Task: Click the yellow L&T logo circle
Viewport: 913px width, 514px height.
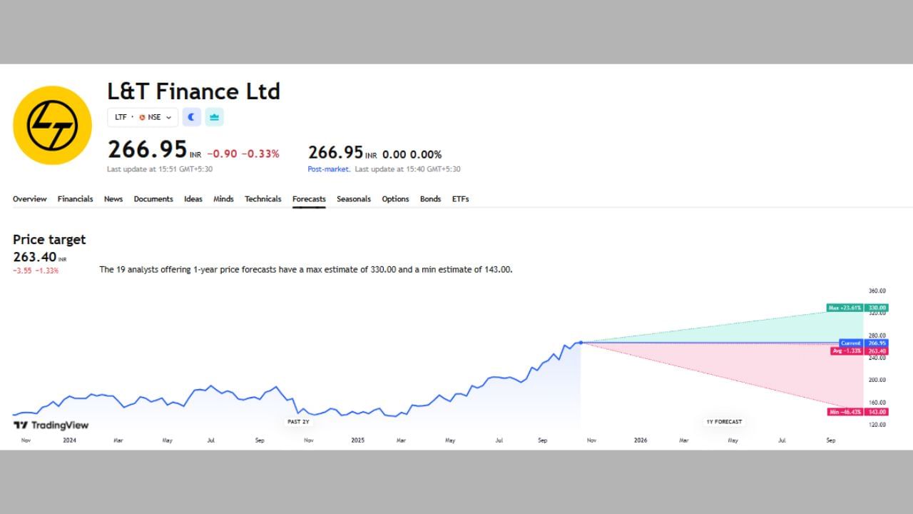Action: coord(52,126)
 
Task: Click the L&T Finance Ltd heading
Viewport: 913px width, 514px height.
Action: coord(193,91)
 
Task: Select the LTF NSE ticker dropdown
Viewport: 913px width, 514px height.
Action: coord(143,117)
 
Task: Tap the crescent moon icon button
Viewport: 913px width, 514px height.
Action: coord(191,117)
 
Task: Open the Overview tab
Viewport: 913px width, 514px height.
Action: coord(29,199)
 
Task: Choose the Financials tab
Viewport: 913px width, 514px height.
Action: coord(75,199)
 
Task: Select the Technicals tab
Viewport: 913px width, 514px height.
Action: coord(262,199)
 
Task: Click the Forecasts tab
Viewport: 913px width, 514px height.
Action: coord(309,199)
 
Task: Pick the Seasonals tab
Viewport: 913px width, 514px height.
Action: coord(354,199)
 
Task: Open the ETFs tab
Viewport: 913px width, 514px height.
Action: coord(460,199)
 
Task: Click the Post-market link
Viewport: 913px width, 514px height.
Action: coord(328,169)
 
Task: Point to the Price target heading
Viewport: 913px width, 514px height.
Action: coord(49,240)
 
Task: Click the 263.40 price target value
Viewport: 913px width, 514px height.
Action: coord(35,257)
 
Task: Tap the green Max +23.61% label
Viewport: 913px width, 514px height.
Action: coord(845,308)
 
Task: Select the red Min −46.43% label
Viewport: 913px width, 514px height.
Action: coord(845,412)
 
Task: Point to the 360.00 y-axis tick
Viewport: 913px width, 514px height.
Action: coord(877,291)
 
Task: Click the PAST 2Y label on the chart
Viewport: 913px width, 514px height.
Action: coord(298,422)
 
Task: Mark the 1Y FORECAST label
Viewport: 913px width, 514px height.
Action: coord(724,422)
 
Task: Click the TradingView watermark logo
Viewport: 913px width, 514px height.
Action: coord(51,425)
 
